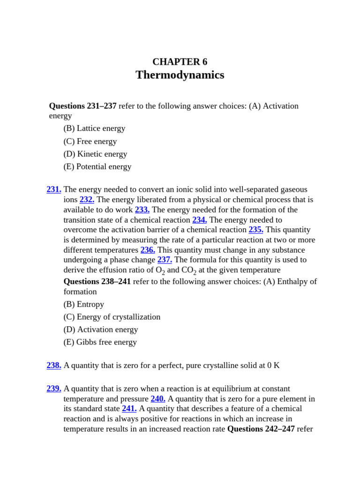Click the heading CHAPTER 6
pyautogui.click(x=180, y=62)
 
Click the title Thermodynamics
pyautogui.click(x=180, y=75)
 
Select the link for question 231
pyautogui.click(x=54, y=189)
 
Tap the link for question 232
pyautogui.click(x=87, y=200)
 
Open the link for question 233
pyautogui.click(x=142, y=210)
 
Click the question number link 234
pyautogui.click(x=199, y=220)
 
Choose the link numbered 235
pyautogui.click(x=256, y=230)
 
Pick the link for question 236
pyautogui.click(x=148, y=250)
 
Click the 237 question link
pyautogui.click(x=165, y=260)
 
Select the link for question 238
pyautogui.click(x=54, y=365)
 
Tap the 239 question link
pyautogui.click(x=54, y=389)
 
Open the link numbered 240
pyautogui.click(x=158, y=399)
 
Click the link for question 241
pyautogui.click(x=129, y=409)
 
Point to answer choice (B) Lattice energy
pyautogui.click(x=94, y=128)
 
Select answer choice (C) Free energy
pyautogui.click(x=90, y=142)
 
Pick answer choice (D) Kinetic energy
pyautogui.click(x=95, y=154)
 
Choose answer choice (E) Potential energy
pyautogui.click(x=97, y=167)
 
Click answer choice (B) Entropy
pyautogui.click(x=83, y=304)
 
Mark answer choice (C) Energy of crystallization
pyautogui.click(x=112, y=317)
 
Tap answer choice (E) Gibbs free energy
pyautogui.click(x=100, y=342)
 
